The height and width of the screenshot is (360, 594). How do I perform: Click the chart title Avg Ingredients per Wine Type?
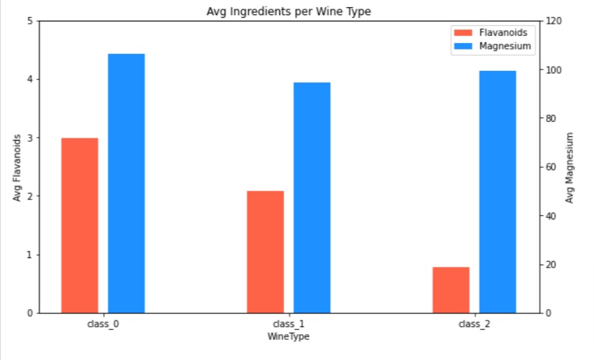pyautogui.click(x=288, y=11)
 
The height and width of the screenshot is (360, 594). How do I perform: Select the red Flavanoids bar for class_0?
pyautogui.click(x=80, y=225)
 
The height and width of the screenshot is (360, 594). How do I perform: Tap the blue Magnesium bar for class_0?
pyautogui.click(x=126, y=184)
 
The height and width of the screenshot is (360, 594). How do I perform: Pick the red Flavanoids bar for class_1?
pyautogui.click(x=265, y=252)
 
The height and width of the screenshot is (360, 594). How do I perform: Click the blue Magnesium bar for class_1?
pyautogui.click(x=312, y=198)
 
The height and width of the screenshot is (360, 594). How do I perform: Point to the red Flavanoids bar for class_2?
pyautogui.click(x=451, y=290)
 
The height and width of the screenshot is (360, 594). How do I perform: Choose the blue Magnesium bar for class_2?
pyautogui.click(x=498, y=191)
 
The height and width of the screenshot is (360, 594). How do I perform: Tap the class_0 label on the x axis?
pyautogui.click(x=103, y=324)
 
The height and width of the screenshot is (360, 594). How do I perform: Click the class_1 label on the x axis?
pyautogui.click(x=288, y=324)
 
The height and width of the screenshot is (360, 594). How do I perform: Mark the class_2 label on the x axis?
pyautogui.click(x=474, y=324)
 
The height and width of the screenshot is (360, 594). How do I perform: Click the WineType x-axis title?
pyautogui.click(x=288, y=336)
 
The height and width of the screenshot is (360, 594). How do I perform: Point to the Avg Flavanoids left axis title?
pyautogui.click(x=17, y=167)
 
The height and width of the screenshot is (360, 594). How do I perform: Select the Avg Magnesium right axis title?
pyautogui.click(x=570, y=167)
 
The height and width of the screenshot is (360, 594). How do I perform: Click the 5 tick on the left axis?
pyautogui.click(x=29, y=21)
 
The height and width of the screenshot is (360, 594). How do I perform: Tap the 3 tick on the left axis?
pyautogui.click(x=29, y=138)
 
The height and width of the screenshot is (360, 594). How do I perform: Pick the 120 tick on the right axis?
pyautogui.click(x=553, y=21)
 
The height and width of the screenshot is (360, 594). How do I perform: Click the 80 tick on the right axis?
pyautogui.click(x=551, y=118)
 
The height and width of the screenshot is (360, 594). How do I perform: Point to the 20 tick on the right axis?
pyautogui.click(x=551, y=265)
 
